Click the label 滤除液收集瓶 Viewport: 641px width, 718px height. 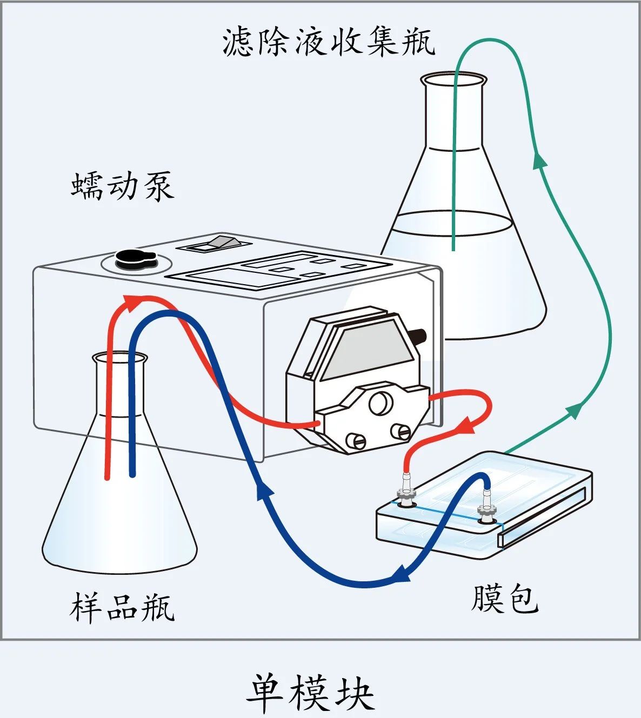(329, 42)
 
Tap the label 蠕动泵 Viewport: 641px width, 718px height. (123, 186)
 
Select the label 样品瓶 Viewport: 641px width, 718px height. (122, 607)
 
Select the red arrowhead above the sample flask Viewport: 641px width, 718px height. (130, 303)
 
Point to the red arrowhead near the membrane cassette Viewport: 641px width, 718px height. (466, 426)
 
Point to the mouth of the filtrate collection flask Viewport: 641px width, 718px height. (452, 80)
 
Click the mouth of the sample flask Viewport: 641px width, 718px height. (119, 358)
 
